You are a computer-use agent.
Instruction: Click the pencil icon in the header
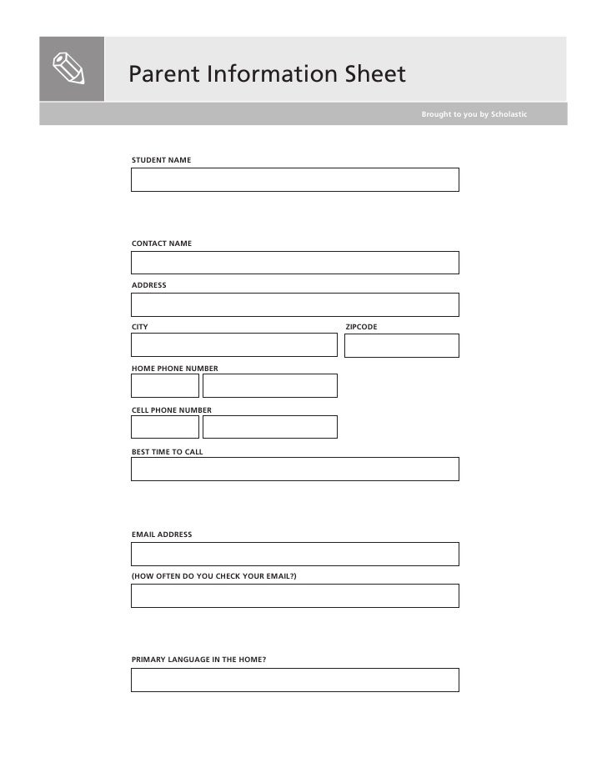(x=72, y=69)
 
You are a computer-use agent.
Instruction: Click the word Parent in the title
(x=163, y=74)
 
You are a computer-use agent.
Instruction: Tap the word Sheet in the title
(x=375, y=74)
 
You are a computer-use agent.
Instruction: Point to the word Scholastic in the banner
(x=509, y=114)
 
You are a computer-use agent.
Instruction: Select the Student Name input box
(x=294, y=180)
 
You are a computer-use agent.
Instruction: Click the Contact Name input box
(x=294, y=263)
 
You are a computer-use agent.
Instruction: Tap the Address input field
(x=294, y=304)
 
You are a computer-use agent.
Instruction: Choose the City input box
(x=233, y=345)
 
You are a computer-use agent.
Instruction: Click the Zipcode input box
(x=401, y=345)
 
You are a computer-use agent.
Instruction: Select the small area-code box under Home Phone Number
(x=165, y=385)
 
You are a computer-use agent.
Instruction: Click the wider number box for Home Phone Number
(x=269, y=385)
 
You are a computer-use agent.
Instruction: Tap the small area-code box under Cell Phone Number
(x=165, y=427)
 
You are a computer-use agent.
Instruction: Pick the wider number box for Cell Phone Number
(x=269, y=427)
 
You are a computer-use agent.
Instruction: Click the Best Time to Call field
(x=294, y=469)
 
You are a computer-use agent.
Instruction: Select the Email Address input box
(x=294, y=554)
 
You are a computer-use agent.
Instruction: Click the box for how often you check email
(x=294, y=595)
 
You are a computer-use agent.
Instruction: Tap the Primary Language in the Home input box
(x=294, y=680)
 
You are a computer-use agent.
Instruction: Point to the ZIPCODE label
(x=361, y=327)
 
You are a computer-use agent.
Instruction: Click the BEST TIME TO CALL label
(x=167, y=452)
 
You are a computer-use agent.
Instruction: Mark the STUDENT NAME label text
(x=161, y=159)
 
